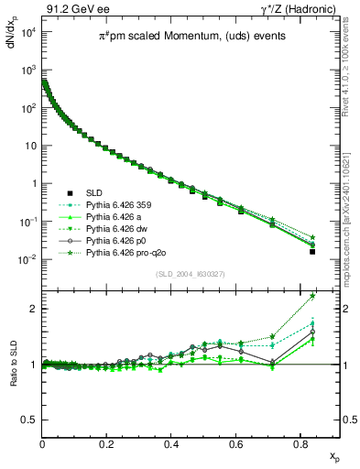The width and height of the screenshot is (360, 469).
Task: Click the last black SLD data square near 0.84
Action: [312, 251]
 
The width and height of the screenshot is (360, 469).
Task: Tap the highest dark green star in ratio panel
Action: [312, 295]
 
